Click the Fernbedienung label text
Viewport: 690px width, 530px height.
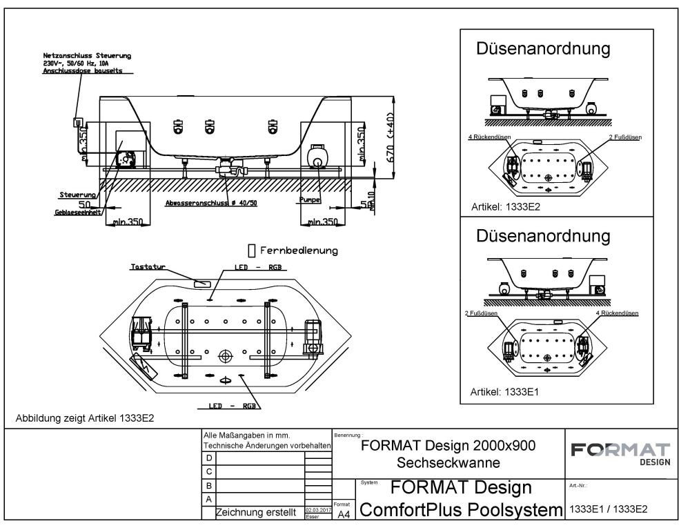(298, 251)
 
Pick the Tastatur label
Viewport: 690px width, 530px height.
(145, 266)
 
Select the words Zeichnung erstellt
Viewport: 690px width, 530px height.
(257, 512)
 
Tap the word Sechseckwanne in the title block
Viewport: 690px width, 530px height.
(448, 462)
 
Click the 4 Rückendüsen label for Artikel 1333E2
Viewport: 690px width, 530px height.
(489, 137)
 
